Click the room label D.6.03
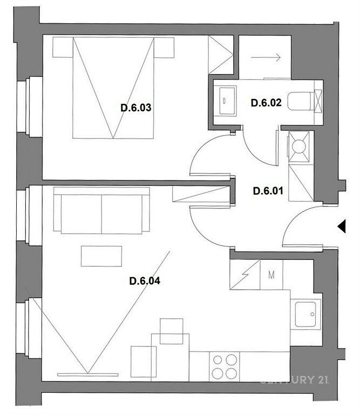tap(136, 108)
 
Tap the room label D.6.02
tap(266, 103)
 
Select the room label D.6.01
tap(268, 191)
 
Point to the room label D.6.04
tap(145, 281)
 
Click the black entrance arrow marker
tap(342, 226)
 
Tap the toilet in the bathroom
tap(301, 101)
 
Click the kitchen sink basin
tap(305, 314)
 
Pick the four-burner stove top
tap(225, 366)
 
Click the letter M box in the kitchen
tap(271, 275)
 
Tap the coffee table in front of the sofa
tap(101, 256)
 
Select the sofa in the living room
tap(101, 211)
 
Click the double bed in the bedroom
tap(113, 88)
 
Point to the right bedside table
tap(164, 48)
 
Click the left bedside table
tap(63, 48)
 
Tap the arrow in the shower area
tap(266, 57)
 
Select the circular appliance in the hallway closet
tap(299, 146)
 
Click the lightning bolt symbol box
tap(245, 275)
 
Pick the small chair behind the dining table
tap(172, 331)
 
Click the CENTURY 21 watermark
tap(295, 380)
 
